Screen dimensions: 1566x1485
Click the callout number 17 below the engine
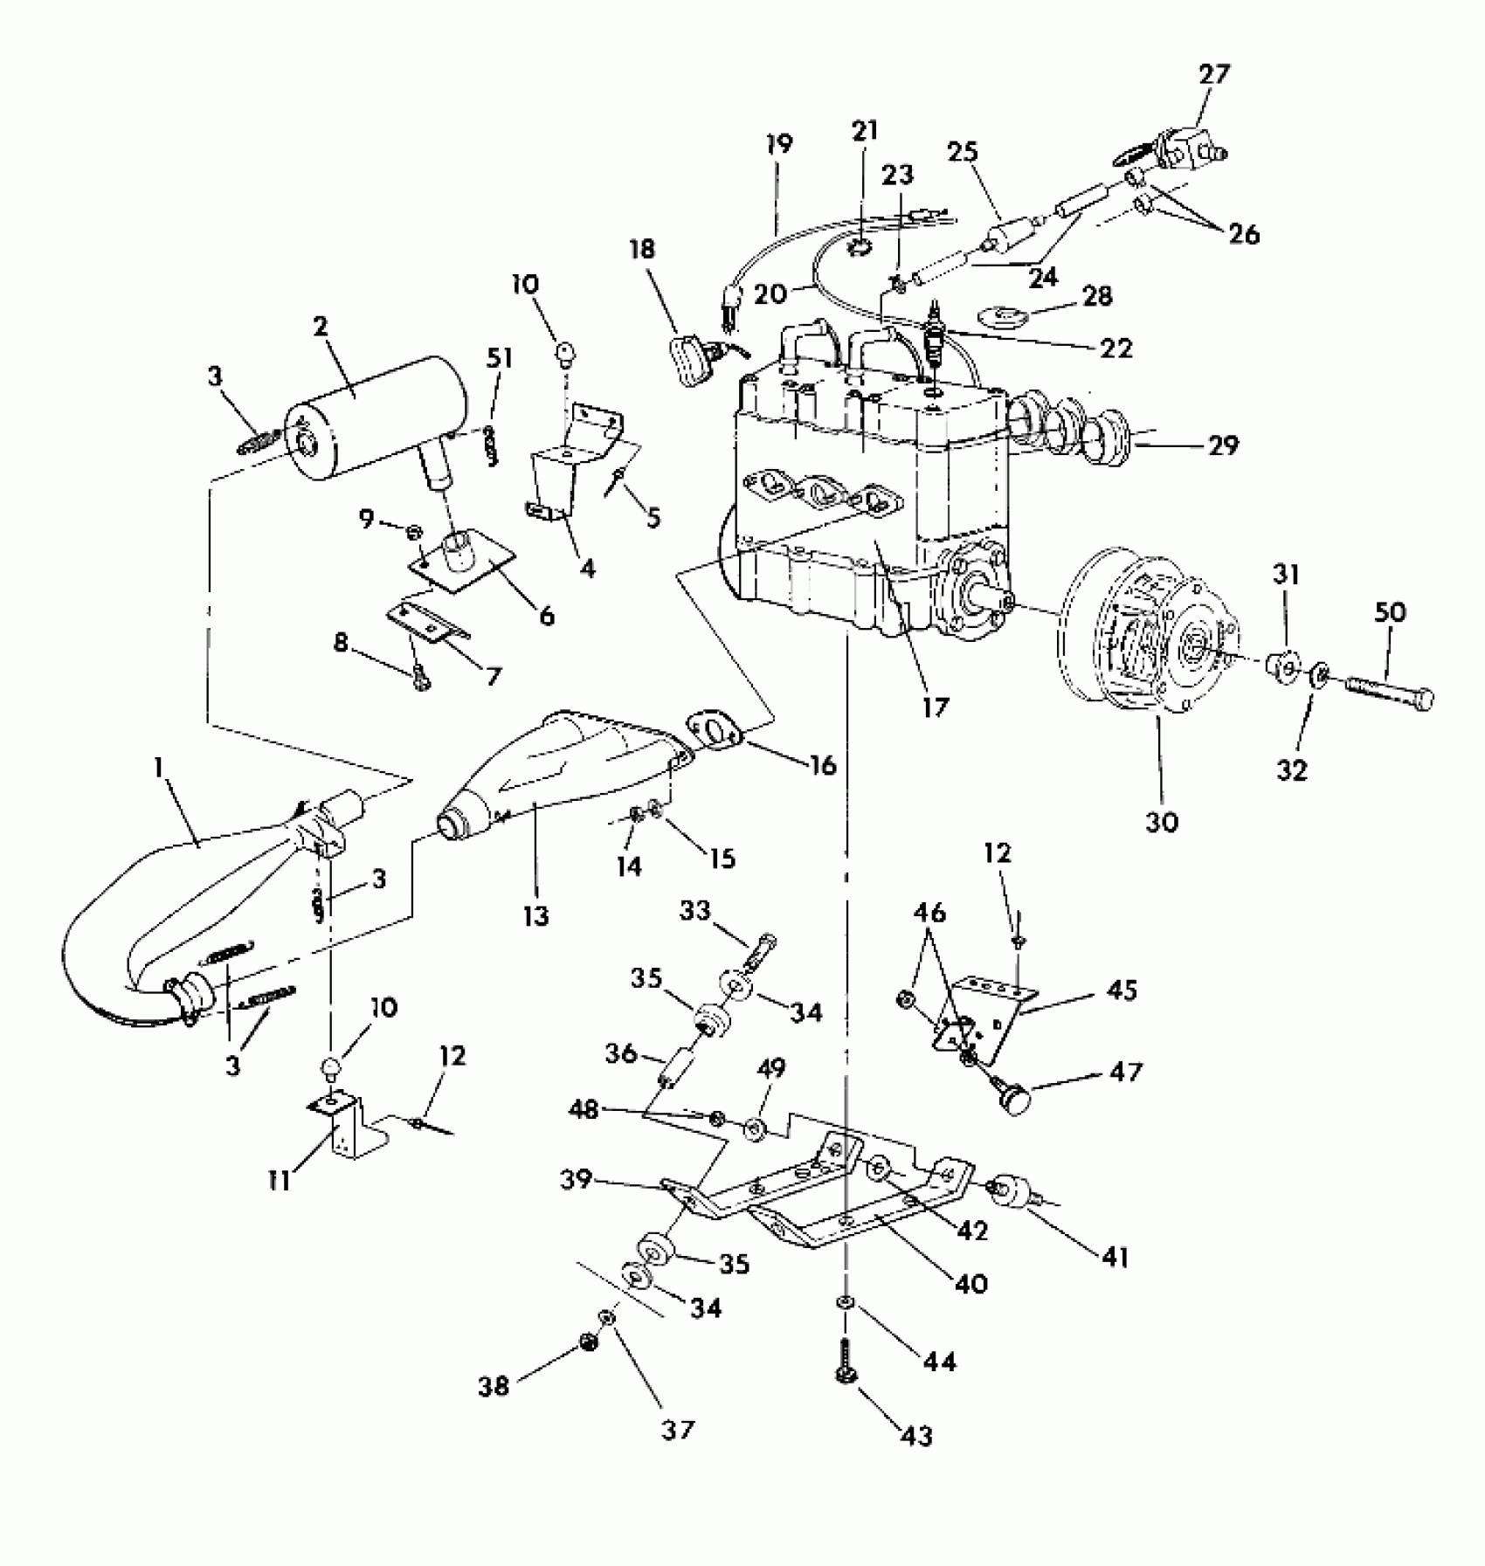pyautogui.click(x=934, y=707)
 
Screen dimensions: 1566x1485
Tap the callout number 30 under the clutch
pyautogui.click(x=1161, y=822)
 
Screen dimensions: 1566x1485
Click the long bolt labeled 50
pyautogui.click(x=1389, y=685)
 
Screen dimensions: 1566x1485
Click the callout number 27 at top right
pyautogui.click(x=1213, y=74)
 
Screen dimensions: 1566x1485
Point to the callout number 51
pyautogui.click(x=501, y=359)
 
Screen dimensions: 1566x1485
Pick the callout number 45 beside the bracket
pyautogui.click(x=1122, y=990)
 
